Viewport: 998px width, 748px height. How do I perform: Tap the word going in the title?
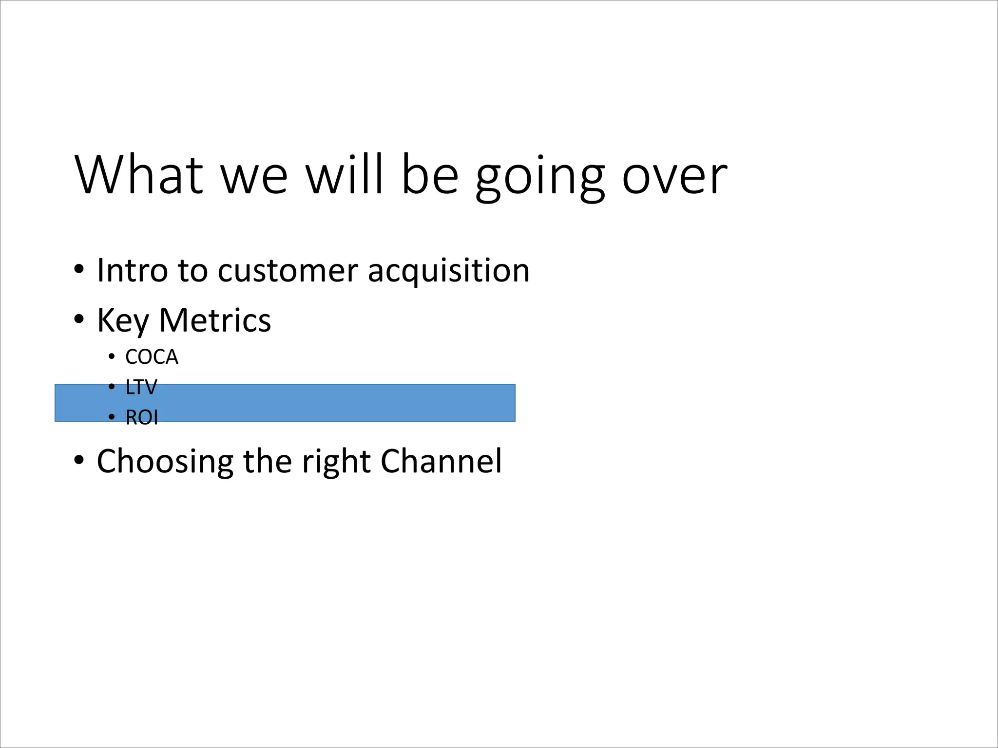point(540,177)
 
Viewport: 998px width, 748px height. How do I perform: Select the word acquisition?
point(448,271)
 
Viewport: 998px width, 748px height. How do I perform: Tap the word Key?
point(123,321)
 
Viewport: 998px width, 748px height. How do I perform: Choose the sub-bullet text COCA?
point(152,357)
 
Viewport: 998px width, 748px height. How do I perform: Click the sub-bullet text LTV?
point(141,388)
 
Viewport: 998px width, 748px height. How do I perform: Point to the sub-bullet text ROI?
point(142,418)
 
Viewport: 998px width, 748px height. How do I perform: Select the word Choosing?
point(165,462)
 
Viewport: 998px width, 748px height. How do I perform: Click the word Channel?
point(441,461)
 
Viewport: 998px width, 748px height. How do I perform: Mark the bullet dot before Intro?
point(79,269)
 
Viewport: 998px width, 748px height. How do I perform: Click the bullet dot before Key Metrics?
point(79,319)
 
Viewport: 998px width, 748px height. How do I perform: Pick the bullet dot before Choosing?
point(79,460)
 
